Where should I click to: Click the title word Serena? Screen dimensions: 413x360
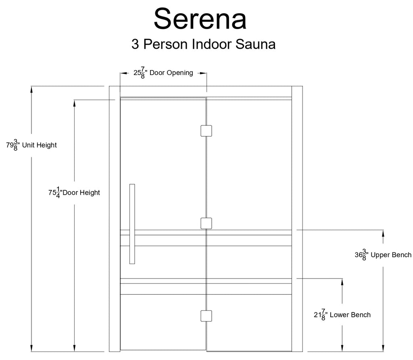point(200,19)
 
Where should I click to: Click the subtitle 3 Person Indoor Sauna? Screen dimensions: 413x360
point(204,44)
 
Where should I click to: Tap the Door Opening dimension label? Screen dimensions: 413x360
point(163,73)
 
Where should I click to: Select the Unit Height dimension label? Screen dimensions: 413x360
point(31,145)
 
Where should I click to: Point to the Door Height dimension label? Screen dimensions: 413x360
point(74,193)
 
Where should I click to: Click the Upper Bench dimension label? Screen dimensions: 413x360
point(383,255)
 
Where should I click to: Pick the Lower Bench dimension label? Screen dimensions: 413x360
point(342,315)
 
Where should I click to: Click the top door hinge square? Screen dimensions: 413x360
point(206,131)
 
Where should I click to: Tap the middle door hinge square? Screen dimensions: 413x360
point(206,223)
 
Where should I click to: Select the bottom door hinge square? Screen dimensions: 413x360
point(206,316)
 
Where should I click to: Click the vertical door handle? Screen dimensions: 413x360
point(132,224)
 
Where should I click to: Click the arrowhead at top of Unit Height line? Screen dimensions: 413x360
point(31,89)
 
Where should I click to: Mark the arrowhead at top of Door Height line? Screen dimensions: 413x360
point(74,103)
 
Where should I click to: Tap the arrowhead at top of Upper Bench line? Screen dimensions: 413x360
point(383,233)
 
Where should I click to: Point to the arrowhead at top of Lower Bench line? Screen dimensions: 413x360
point(342,282)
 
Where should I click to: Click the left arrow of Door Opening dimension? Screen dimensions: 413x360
point(124,73)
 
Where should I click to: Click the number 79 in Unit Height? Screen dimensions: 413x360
point(10,145)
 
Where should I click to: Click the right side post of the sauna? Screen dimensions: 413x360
point(297,219)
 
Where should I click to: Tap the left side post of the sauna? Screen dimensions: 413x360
point(115,219)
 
